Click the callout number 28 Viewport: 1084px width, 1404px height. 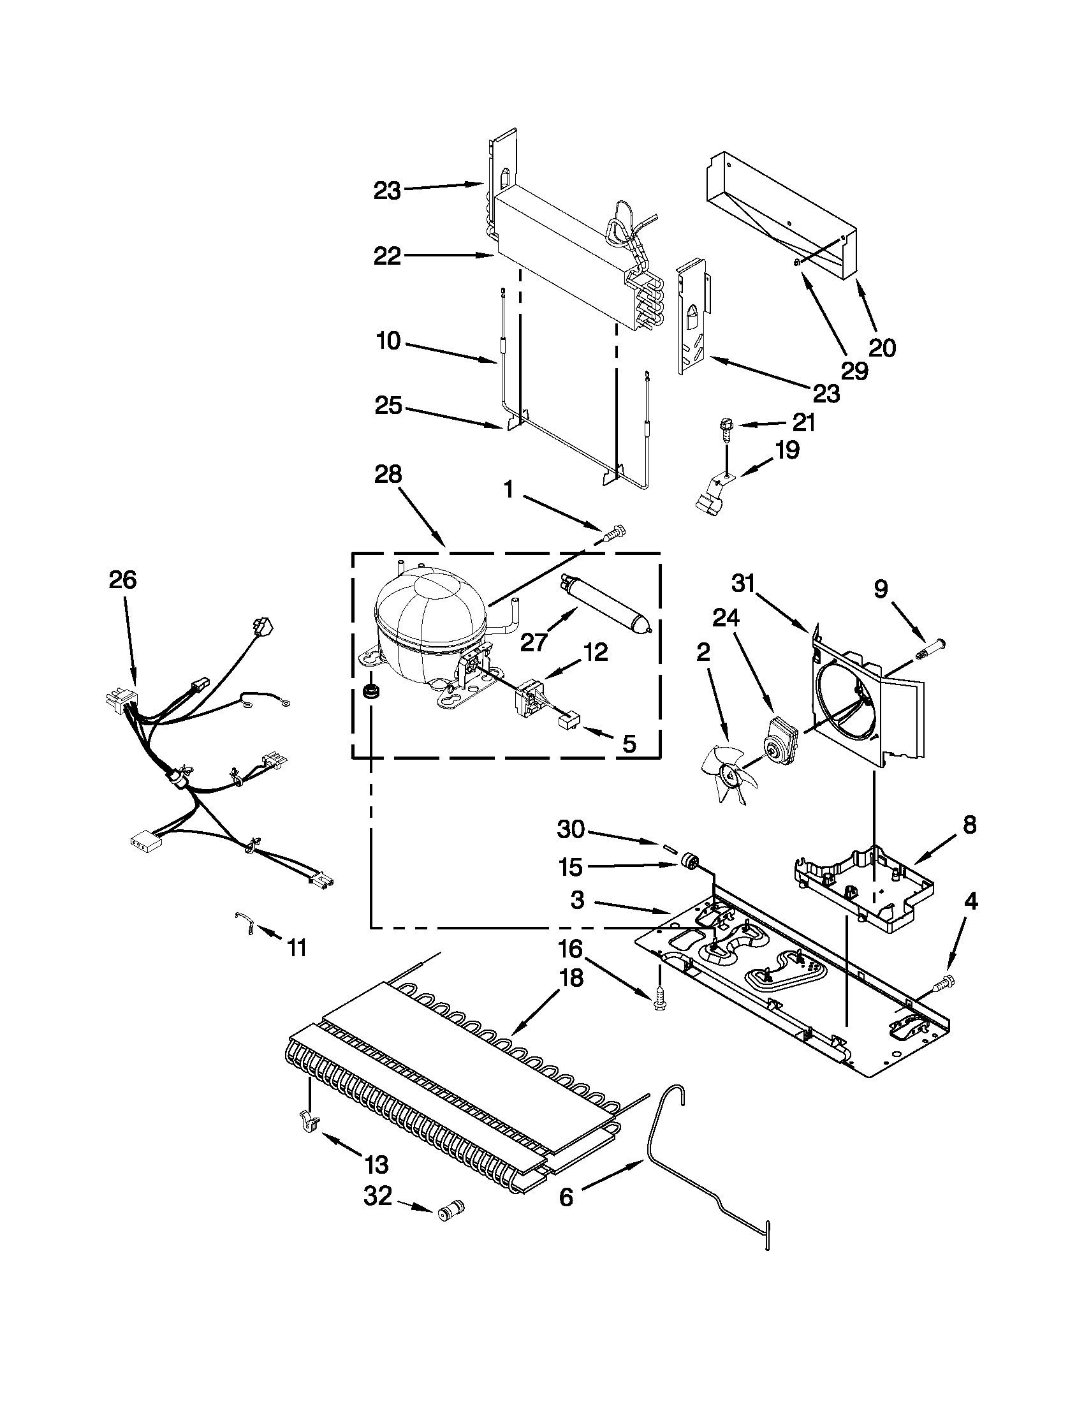click(388, 475)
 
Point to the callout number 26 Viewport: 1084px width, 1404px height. click(122, 580)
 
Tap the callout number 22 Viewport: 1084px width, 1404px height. click(387, 256)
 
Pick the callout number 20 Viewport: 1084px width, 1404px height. click(882, 348)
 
